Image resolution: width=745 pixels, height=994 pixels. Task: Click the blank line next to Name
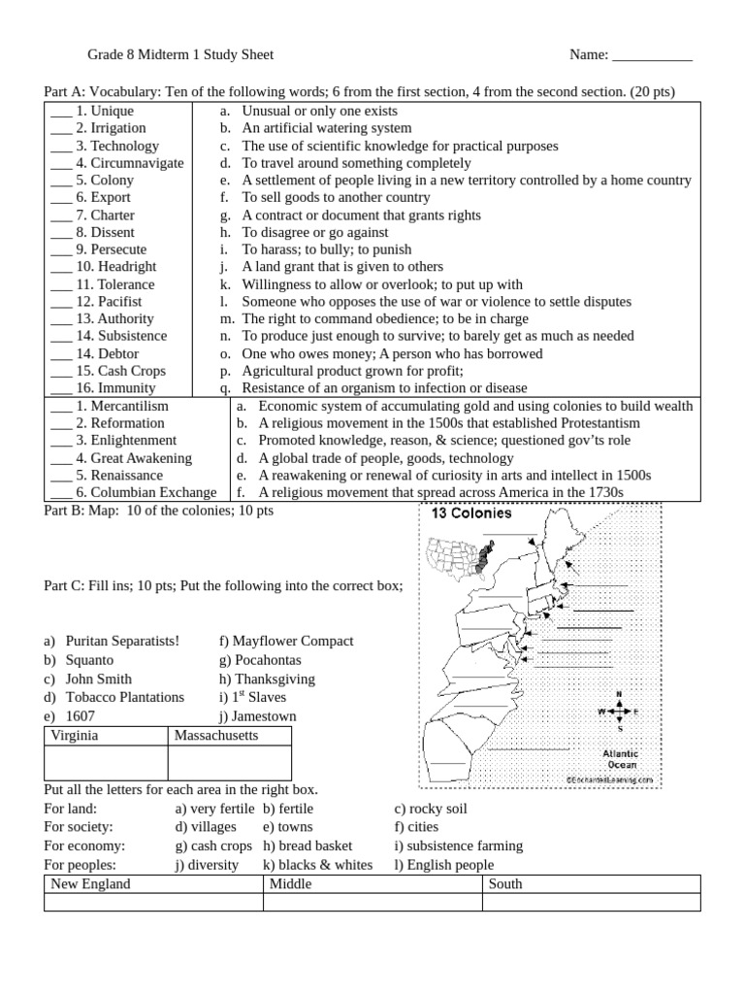pyautogui.click(x=652, y=55)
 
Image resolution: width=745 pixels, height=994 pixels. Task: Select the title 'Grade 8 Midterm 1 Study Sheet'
pyautogui.click(x=187, y=55)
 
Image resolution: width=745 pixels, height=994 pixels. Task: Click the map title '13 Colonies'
pyautogui.click(x=471, y=514)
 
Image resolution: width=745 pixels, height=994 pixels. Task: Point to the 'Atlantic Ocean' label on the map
pyautogui.click(x=620, y=759)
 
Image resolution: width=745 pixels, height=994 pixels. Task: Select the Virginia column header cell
pyautogui.click(x=75, y=736)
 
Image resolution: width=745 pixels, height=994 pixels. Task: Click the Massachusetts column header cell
pyautogui.click(x=216, y=736)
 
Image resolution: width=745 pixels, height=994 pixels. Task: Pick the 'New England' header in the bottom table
pyautogui.click(x=90, y=884)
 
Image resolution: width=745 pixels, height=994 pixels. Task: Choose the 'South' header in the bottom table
pyautogui.click(x=505, y=884)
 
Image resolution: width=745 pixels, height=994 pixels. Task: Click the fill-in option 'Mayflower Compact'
pyautogui.click(x=292, y=642)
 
